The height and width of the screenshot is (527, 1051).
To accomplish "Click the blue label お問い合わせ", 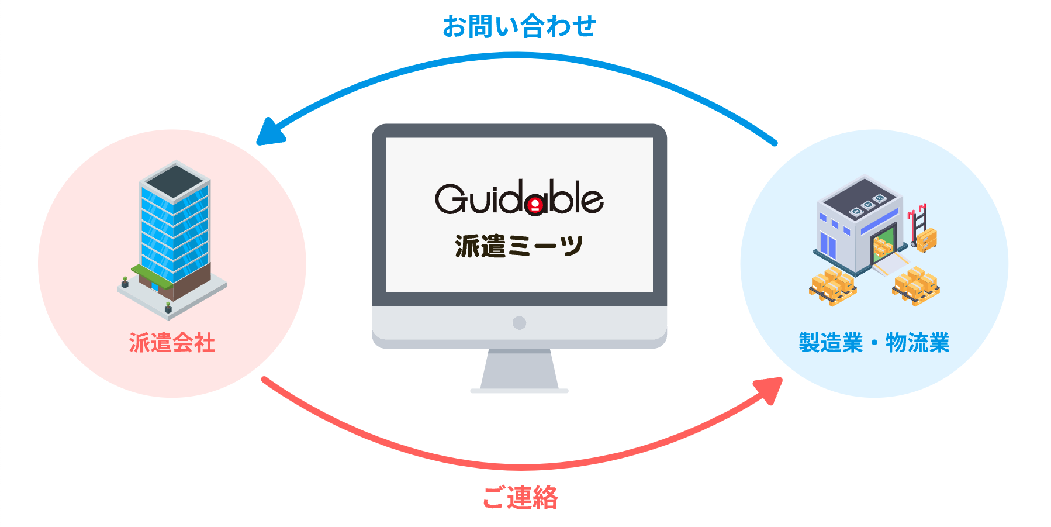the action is pyautogui.click(x=519, y=27).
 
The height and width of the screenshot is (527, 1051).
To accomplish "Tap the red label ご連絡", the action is pyautogui.click(x=520, y=498).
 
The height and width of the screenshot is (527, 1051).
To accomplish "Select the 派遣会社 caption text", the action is pyautogui.click(x=172, y=343).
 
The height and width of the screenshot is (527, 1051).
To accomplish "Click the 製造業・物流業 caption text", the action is pyautogui.click(x=874, y=343).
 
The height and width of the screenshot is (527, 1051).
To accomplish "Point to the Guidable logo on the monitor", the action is pyautogui.click(x=519, y=198).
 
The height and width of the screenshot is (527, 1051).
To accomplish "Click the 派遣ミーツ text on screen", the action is pyautogui.click(x=519, y=246).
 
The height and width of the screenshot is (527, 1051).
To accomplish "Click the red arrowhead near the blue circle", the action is pyautogui.click(x=770, y=389).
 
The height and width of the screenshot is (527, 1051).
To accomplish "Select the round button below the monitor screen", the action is pyautogui.click(x=519, y=323).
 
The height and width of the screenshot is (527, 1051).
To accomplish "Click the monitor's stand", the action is pyautogui.click(x=519, y=370).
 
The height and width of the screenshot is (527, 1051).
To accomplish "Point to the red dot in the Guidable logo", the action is pyautogui.click(x=534, y=205).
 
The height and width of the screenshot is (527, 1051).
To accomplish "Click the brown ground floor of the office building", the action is pyautogui.click(x=192, y=283).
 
